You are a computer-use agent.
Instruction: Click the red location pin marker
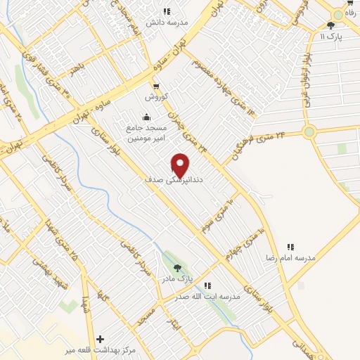click(x=180, y=165)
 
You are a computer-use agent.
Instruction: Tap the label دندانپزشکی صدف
click(x=172, y=180)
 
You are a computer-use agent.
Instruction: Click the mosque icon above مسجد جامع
click(x=146, y=117)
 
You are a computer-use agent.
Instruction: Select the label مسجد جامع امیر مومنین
click(x=146, y=134)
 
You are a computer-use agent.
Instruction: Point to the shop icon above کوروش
click(x=156, y=86)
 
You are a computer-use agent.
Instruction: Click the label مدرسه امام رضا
click(x=290, y=258)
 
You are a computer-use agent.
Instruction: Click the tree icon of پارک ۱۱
click(x=331, y=25)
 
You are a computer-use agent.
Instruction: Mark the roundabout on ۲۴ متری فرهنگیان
click(x=309, y=131)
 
